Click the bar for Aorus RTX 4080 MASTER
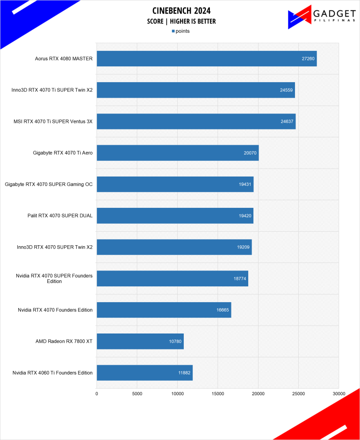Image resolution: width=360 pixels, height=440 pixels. tap(206, 59)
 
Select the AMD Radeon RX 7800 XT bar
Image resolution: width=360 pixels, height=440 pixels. tap(140, 341)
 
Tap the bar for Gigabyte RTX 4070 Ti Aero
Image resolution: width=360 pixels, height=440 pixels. tap(177, 153)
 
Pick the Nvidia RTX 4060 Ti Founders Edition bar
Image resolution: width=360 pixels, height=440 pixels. tap(144, 373)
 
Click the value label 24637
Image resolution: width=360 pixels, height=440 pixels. tap(287, 121)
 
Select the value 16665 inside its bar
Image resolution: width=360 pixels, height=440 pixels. tap(223, 310)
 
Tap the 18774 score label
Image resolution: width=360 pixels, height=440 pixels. tap(239, 278)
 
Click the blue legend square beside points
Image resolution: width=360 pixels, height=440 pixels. tap(173, 31)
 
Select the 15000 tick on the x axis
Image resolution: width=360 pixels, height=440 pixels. tap(218, 394)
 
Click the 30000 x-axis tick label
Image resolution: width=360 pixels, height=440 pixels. tap(338, 394)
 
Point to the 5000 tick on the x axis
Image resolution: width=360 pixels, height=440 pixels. tap(137, 394)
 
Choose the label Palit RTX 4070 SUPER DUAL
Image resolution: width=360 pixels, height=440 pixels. tap(60, 216)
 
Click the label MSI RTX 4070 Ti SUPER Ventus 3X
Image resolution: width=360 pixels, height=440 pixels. tap(53, 121)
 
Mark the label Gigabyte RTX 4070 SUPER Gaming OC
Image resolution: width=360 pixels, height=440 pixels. tap(49, 185)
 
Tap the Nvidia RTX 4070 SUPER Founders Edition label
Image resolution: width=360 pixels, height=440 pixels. tap(54, 278)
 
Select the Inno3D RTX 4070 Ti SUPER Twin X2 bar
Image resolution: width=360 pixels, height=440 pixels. tap(195, 90)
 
